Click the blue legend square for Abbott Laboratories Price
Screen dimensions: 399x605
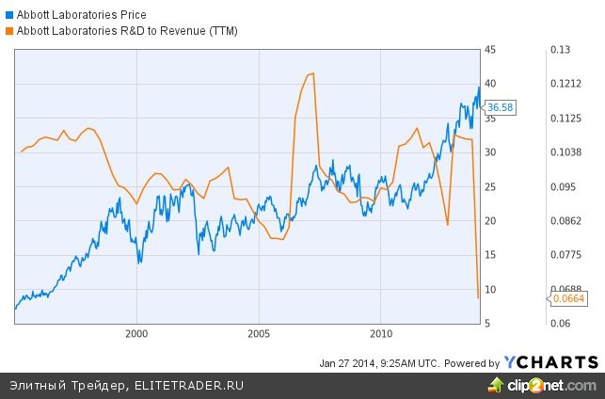(x=8, y=15)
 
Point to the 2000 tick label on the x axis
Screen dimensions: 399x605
(x=136, y=333)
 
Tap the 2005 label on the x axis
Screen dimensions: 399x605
(x=259, y=333)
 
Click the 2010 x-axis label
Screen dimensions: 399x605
(x=381, y=333)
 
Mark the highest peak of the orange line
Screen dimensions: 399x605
(x=311, y=73)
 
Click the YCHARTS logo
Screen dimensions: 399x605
(x=550, y=362)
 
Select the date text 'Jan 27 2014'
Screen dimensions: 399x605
(x=349, y=363)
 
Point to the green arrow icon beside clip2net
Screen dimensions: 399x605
(x=493, y=384)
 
